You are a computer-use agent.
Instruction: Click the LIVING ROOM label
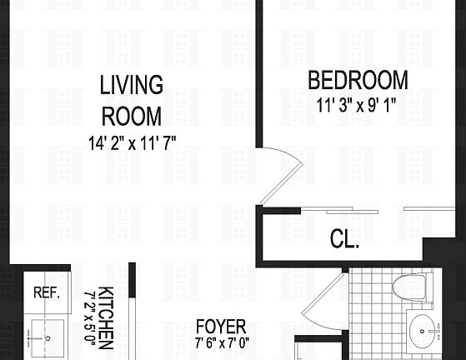point(131,100)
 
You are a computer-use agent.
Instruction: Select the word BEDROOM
point(358,81)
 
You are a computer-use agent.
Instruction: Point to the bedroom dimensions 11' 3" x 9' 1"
point(358,106)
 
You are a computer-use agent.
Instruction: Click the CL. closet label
point(343,242)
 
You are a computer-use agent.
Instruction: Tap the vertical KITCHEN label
point(106,317)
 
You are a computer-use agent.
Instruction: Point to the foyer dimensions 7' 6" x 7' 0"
point(221,342)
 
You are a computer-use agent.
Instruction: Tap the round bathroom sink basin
point(427,334)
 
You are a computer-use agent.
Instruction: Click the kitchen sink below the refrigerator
point(47,338)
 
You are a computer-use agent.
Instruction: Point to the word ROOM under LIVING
point(131,115)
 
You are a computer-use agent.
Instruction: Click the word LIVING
point(131,85)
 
